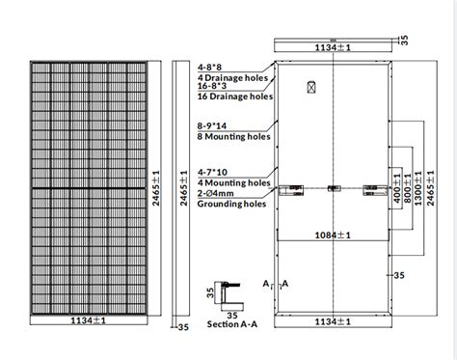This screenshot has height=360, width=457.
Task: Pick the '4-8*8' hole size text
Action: (x=211, y=68)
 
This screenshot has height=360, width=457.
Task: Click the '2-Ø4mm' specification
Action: (x=216, y=193)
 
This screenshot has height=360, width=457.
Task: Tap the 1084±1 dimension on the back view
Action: (x=333, y=235)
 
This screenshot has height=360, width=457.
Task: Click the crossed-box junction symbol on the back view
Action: (x=310, y=86)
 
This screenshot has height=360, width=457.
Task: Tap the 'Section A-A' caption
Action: (x=228, y=325)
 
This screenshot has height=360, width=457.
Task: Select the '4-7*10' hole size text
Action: (x=214, y=170)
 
